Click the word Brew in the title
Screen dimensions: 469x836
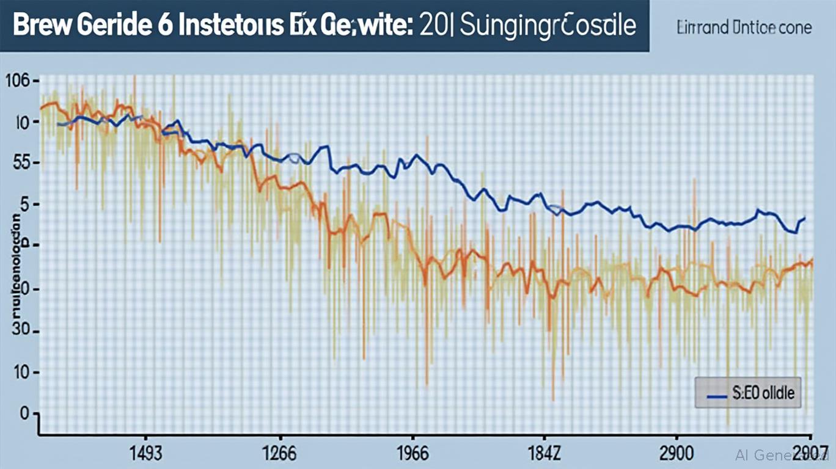pos(41,27)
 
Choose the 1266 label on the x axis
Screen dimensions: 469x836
pos(279,454)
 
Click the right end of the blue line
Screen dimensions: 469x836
pos(805,217)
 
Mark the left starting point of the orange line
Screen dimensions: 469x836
pos(41,108)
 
